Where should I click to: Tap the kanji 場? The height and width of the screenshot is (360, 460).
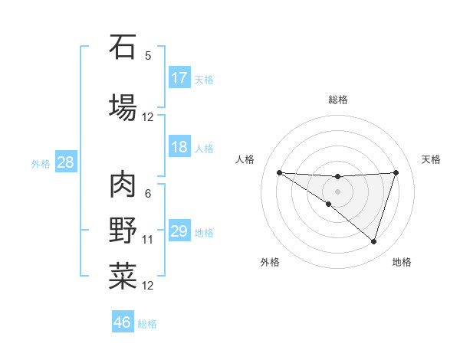click(x=123, y=106)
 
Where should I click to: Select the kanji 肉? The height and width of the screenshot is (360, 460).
click(x=123, y=185)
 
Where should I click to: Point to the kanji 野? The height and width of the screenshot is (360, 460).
click(x=123, y=231)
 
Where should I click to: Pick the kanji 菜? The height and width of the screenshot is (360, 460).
click(x=123, y=277)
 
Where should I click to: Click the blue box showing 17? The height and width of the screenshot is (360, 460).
click(x=179, y=78)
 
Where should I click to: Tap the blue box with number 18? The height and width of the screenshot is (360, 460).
click(x=179, y=148)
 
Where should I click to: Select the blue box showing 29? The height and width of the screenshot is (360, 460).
click(x=179, y=231)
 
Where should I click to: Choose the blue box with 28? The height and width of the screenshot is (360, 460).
click(x=65, y=162)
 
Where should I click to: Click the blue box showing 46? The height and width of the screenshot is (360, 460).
click(x=123, y=322)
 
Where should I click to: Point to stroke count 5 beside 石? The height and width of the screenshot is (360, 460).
click(x=148, y=56)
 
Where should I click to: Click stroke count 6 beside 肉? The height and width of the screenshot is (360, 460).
click(x=148, y=194)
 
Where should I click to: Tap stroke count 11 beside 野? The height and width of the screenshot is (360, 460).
click(x=148, y=240)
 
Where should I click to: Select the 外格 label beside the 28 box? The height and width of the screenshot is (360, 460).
click(x=41, y=163)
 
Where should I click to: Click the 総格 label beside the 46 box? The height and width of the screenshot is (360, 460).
click(x=148, y=324)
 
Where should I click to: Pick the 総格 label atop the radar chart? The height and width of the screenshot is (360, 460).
click(x=338, y=100)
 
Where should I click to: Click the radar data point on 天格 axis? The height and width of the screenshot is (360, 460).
click(x=396, y=172)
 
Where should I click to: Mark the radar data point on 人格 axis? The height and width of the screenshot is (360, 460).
click(x=279, y=172)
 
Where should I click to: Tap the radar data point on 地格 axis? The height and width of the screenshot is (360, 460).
click(x=374, y=242)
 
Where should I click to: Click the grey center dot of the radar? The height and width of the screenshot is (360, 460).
click(x=338, y=191)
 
